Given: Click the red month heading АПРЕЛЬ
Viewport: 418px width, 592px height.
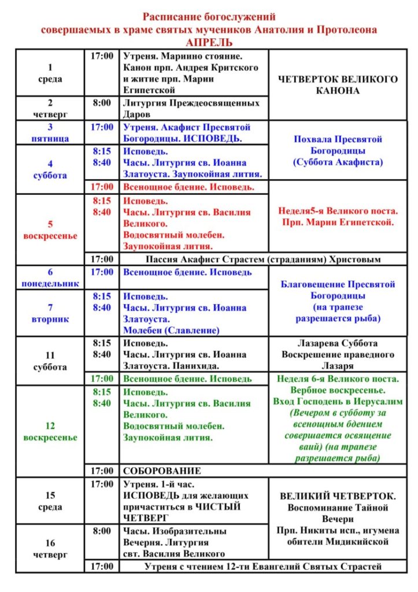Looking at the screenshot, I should (209, 43).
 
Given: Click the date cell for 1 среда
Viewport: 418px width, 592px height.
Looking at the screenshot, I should (50, 73).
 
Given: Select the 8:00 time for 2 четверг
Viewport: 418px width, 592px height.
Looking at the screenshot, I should (102, 103).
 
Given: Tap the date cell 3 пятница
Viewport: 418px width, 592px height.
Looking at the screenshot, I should (50, 132).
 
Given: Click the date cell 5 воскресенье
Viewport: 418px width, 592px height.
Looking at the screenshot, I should (50, 230).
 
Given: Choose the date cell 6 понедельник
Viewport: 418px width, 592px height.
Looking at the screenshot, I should (50, 277).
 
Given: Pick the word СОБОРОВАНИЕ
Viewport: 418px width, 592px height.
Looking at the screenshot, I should (162, 471).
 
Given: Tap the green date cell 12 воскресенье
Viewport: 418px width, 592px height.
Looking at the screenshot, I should (50, 431).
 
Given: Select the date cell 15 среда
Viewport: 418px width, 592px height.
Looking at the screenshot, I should (50, 501).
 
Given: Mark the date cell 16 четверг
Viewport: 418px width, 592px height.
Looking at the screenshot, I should (50, 548).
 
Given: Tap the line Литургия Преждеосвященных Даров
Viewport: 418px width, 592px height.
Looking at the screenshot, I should (191, 108).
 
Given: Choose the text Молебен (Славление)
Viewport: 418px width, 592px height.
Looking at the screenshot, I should (171, 331).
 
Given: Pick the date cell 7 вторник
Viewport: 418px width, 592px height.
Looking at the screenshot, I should (50, 313).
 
